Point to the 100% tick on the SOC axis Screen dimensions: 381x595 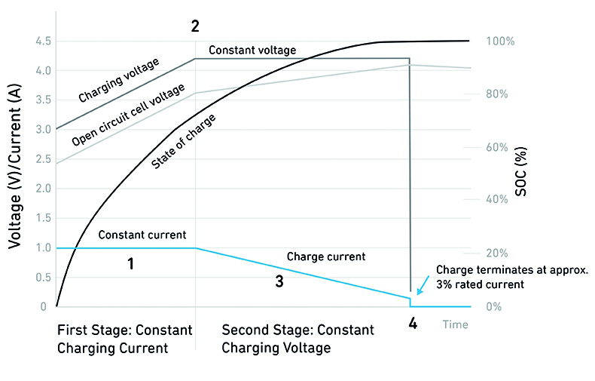501,41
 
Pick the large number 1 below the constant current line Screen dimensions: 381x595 130,265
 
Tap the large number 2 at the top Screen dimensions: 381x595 195,26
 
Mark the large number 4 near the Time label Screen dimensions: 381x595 412,324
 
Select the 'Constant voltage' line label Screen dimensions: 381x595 252,51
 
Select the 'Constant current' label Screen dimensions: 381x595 142,235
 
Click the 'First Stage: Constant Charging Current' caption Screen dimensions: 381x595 124,340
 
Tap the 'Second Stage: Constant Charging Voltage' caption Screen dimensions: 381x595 297,340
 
